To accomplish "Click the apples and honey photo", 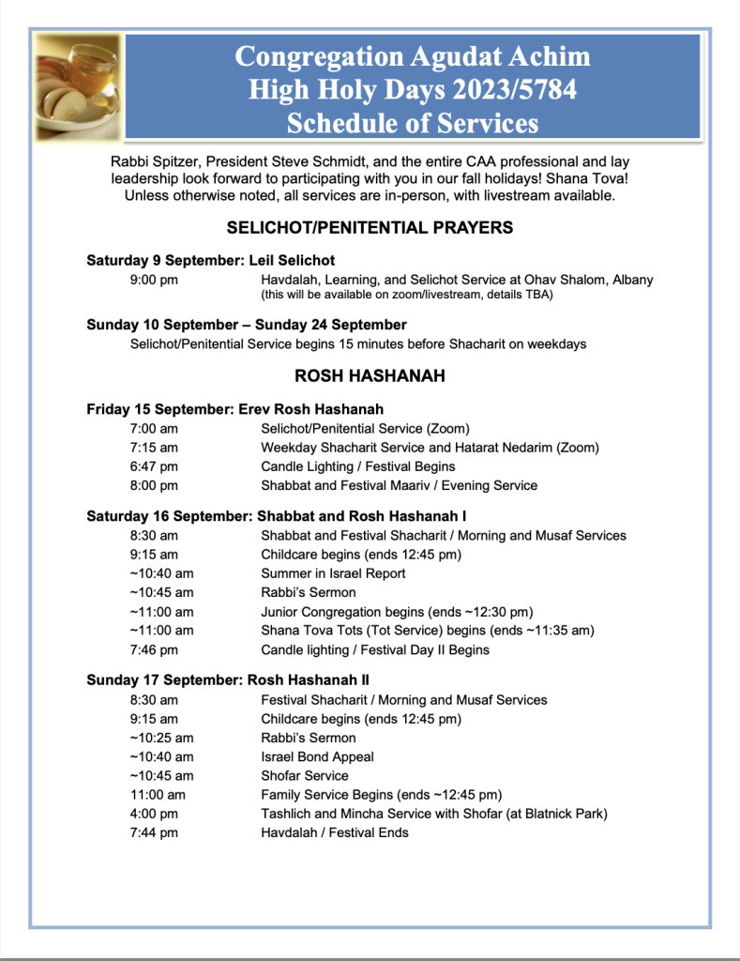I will point(79,85).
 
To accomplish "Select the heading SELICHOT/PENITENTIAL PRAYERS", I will point(370,227).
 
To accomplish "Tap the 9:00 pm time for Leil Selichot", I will point(154,280).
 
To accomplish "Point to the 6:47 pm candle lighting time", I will point(154,466).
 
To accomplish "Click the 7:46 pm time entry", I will point(154,649).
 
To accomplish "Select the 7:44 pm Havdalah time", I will point(154,832).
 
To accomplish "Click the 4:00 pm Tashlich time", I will point(154,814).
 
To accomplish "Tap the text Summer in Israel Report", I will point(333,573).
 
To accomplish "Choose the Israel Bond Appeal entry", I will point(317,757).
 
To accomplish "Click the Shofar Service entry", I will point(304,776).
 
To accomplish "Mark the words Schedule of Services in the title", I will point(413,123).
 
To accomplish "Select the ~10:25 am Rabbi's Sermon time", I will point(161,738).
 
